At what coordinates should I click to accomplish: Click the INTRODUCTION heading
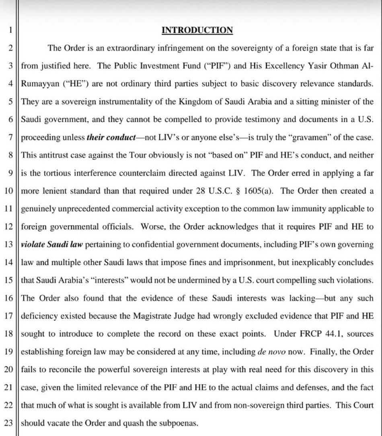pos(197,30)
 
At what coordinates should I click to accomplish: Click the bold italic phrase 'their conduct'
pos(111,137)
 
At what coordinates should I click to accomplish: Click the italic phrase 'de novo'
pos(271,351)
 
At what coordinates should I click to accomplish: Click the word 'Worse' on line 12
pos(152,226)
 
